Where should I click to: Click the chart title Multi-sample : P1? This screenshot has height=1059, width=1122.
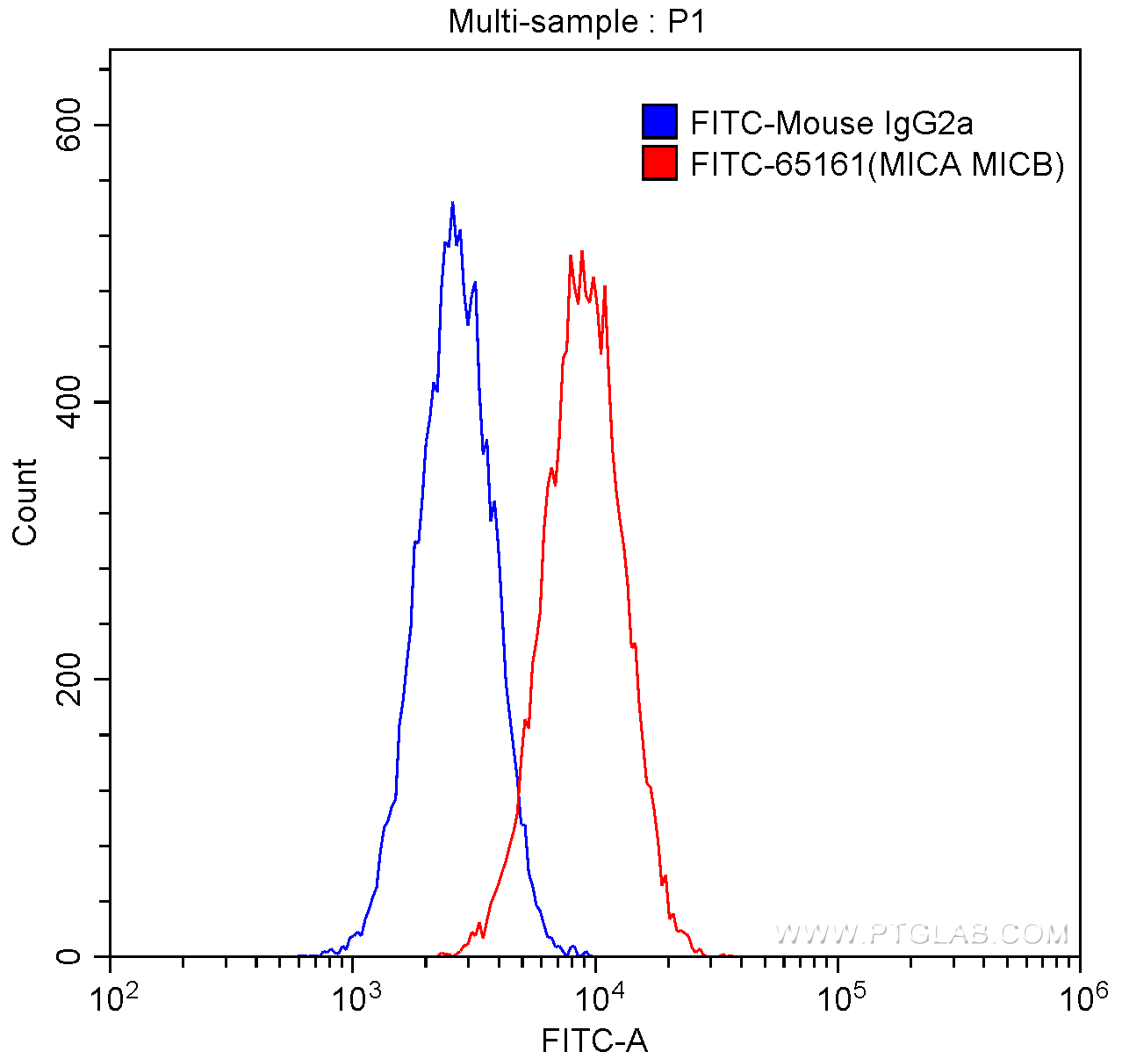[x=577, y=21]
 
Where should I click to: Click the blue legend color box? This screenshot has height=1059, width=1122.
[x=659, y=122]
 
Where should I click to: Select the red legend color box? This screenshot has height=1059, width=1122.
[x=659, y=163]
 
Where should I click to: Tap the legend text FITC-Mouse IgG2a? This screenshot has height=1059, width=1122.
[x=831, y=123]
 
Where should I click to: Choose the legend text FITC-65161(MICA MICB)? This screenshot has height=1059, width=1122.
[x=877, y=164]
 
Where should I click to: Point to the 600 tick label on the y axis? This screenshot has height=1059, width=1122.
[x=68, y=125]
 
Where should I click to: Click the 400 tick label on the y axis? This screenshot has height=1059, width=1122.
[x=68, y=402]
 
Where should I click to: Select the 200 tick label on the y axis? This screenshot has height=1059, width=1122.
[x=68, y=679]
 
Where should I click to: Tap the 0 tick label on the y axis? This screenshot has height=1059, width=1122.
[x=68, y=956]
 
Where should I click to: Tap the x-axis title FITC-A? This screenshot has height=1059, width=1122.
[x=594, y=1041]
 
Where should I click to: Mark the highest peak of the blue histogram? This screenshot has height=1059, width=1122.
[x=452, y=203]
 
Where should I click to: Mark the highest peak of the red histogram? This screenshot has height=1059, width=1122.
[x=581, y=252]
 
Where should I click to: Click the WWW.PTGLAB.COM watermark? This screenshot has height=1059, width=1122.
[x=922, y=933]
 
